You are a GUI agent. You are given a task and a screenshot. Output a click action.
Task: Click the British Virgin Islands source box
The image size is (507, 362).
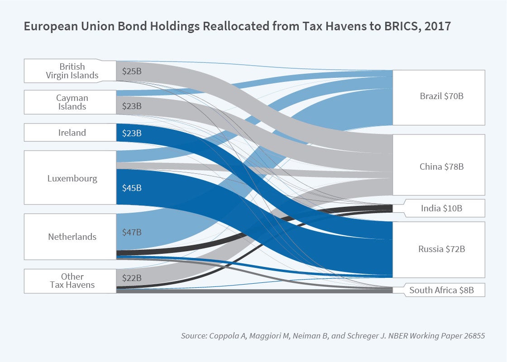[70, 71]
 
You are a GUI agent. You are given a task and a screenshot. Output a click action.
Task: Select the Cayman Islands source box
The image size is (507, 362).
[70, 102]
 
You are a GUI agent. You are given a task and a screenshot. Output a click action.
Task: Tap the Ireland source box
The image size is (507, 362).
[70, 133]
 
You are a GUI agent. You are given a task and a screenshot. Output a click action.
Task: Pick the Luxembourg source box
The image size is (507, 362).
[70, 178]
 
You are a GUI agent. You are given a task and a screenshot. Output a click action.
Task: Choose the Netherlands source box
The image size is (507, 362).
[70, 237]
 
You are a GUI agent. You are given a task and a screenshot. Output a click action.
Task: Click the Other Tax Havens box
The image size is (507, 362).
[70, 281]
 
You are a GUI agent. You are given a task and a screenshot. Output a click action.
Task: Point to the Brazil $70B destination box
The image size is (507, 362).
[438, 97]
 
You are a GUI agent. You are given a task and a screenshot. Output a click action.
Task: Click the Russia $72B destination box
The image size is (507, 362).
[438, 249]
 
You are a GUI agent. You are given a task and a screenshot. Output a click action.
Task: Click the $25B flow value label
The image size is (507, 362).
[132, 71]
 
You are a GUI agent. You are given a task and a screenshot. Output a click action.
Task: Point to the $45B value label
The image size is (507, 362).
[132, 187]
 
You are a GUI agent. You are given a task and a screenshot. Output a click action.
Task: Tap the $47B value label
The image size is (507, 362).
[132, 232]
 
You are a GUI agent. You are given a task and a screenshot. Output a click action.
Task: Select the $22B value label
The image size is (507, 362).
[132, 277]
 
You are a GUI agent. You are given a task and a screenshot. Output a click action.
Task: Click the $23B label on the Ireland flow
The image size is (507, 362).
[132, 133]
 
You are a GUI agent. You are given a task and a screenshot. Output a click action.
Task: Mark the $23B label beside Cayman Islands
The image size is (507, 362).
[132, 106]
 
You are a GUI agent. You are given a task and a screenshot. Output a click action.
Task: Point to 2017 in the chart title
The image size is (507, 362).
[438, 26]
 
